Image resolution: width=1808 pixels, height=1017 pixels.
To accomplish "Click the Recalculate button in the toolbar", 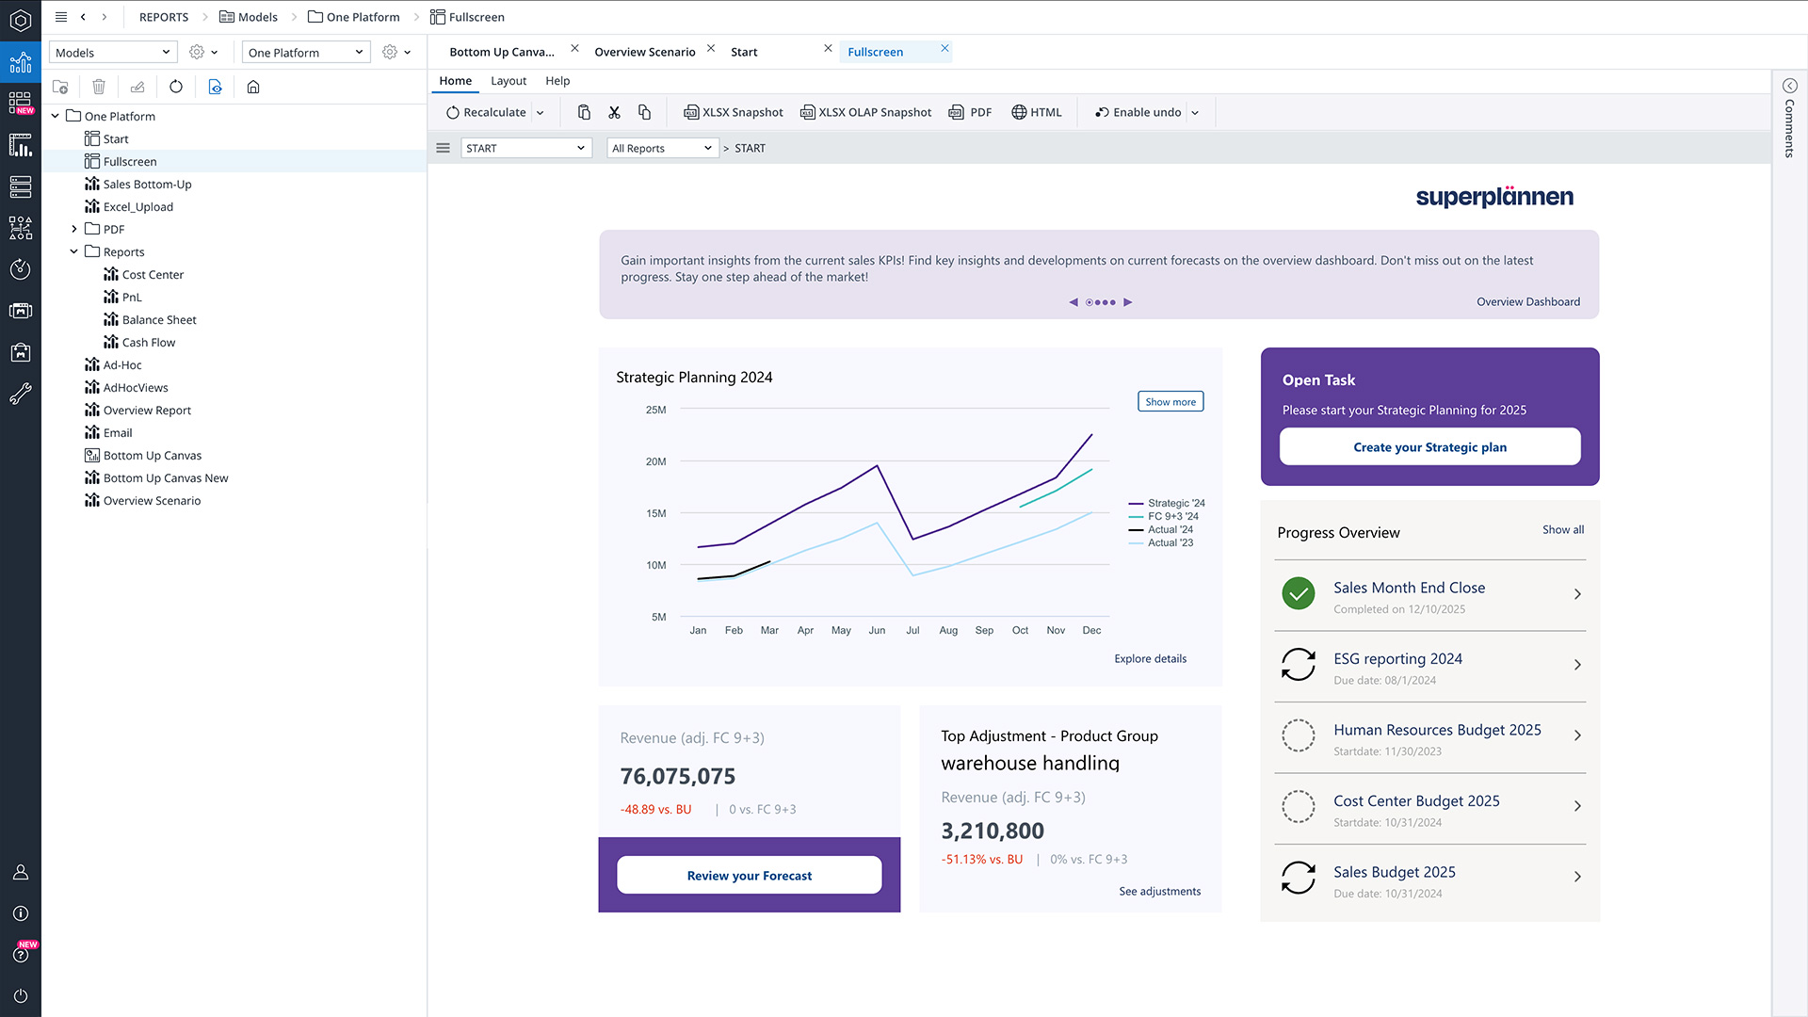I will coord(486,112).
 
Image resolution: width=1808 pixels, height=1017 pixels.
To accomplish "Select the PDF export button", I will coord(970,112).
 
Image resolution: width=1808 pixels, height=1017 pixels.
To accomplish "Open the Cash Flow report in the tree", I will coord(148,343).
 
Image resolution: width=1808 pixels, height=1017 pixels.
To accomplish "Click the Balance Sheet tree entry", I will coord(158,320).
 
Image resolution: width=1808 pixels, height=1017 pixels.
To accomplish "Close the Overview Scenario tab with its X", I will coord(711,49).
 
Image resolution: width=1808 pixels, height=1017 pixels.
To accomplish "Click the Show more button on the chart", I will coord(1170,402).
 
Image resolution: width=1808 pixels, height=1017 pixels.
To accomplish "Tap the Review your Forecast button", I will coord(749,876).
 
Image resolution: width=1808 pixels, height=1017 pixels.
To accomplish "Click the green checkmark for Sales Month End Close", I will coord(1299,593).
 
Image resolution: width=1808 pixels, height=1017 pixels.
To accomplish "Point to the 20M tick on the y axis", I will coord(655,461).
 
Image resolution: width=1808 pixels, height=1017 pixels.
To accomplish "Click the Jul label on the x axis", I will coord(912,631).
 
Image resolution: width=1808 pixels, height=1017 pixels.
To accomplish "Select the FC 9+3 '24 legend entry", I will coord(1172,516).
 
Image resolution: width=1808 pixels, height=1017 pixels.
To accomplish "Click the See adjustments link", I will coord(1159,892).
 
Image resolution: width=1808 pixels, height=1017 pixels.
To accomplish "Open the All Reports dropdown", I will coord(661,149).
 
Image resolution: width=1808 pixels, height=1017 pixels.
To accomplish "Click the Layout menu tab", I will coord(508,81).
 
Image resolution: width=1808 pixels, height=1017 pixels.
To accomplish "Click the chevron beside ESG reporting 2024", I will coord(1577,665).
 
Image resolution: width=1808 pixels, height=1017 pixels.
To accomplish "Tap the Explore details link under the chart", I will coord(1150,659).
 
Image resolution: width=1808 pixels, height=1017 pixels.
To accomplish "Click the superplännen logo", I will coord(1494,197).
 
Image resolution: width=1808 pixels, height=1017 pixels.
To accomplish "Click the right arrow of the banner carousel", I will coord(1128,302).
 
